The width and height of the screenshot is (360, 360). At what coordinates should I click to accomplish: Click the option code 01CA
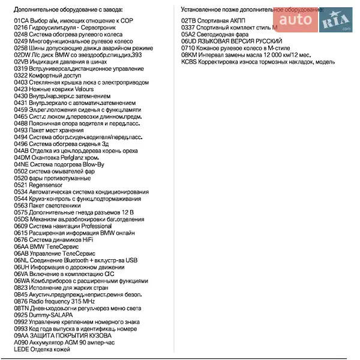click(x=21, y=20)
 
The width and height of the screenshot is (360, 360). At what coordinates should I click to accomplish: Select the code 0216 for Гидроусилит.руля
click(x=21, y=28)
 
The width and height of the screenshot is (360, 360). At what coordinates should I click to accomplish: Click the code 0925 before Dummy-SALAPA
click(x=21, y=314)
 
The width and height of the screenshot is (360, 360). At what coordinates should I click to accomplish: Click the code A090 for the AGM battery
click(x=21, y=342)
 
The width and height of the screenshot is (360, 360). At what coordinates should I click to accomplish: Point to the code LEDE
click(x=21, y=349)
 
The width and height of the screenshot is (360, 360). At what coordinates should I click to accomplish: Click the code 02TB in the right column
click(x=189, y=20)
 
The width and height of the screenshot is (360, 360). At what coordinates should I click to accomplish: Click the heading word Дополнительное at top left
click(x=35, y=10)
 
